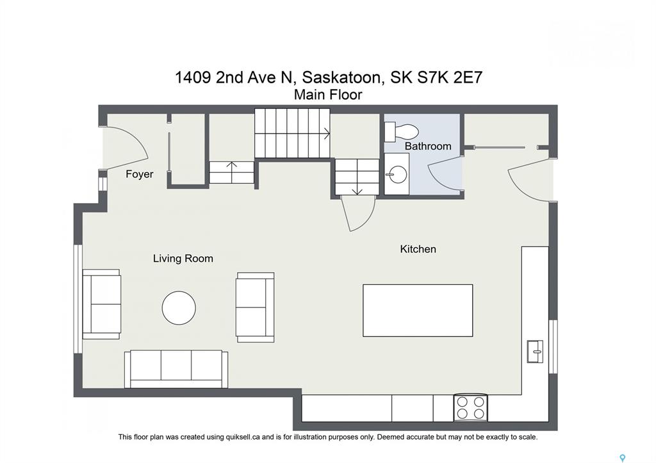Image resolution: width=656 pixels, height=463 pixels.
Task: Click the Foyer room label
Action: coord(139,174)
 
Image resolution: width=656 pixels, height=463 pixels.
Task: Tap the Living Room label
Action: coord(183,259)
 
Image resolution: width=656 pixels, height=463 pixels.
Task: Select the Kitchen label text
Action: coord(418,249)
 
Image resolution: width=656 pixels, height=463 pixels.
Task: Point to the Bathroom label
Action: coord(427,146)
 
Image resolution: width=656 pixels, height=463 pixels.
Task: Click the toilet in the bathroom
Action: coord(401,131)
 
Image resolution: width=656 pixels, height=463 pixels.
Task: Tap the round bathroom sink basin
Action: coord(396,174)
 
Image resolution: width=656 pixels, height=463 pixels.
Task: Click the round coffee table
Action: coord(179,308)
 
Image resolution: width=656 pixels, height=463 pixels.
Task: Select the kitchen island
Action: coord(418,311)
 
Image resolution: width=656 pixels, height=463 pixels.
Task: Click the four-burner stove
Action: coord(471,408)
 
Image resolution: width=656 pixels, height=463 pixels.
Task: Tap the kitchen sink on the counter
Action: coord(535,352)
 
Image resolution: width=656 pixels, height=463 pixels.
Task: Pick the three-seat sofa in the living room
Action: coord(176,370)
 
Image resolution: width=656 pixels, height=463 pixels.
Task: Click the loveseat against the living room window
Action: coord(102,304)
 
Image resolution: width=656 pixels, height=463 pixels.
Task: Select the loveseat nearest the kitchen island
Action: coord(255,307)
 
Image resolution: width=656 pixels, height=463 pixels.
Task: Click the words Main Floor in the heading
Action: coord(328,95)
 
